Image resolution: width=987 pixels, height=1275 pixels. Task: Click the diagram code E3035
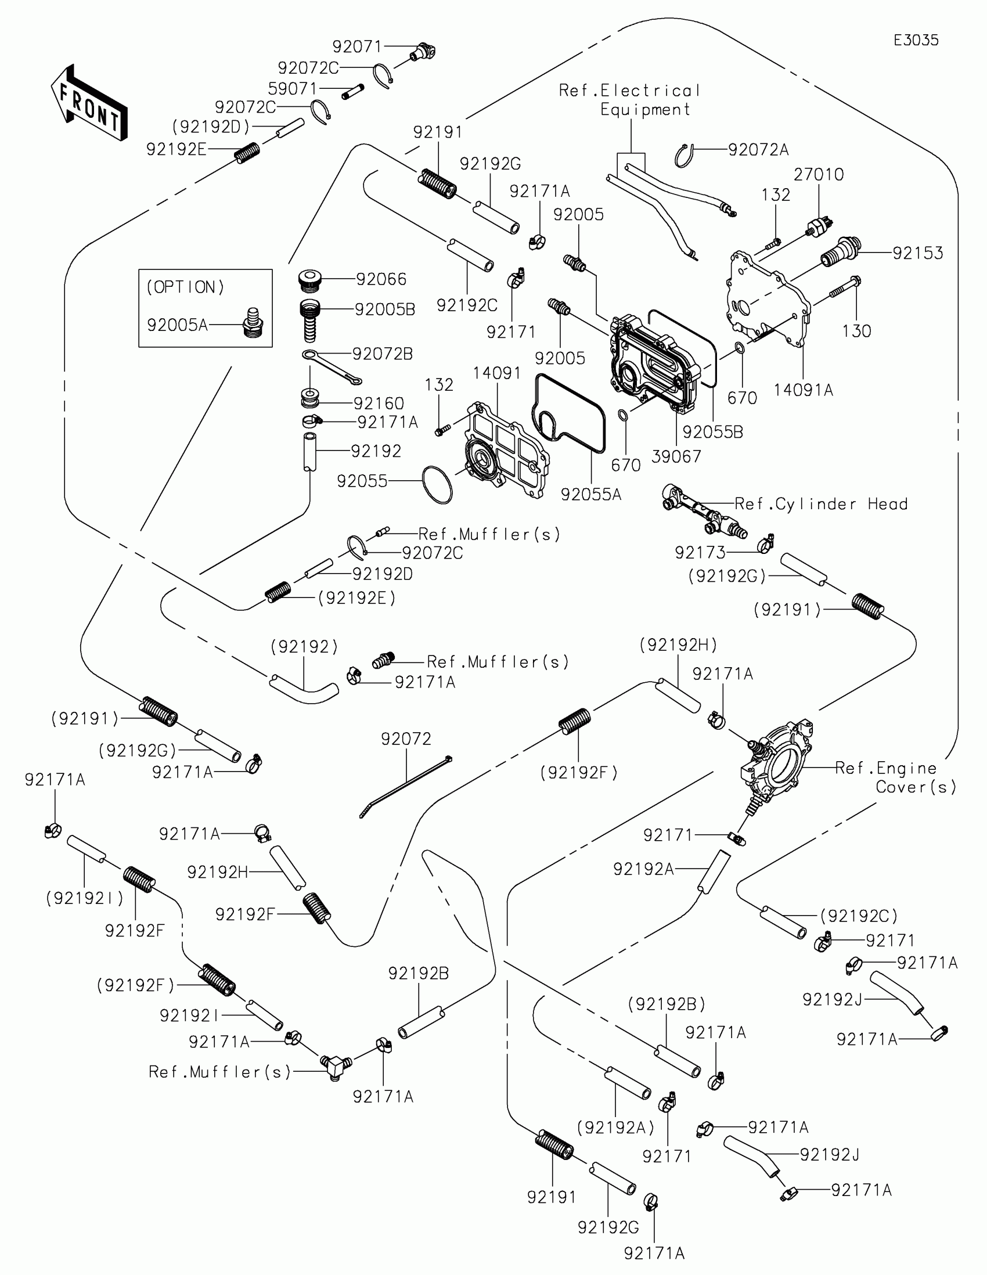(x=916, y=40)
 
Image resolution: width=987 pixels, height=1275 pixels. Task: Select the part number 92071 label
(x=357, y=46)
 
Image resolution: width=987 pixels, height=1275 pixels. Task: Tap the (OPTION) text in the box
(x=185, y=287)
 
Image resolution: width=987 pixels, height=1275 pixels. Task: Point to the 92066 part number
(x=381, y=280)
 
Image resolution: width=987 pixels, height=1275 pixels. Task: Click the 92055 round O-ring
(x=437, y=484)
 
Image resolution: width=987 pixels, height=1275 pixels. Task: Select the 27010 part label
(x=818, y=175)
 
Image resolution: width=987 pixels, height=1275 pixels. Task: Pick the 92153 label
(x=917, y=253)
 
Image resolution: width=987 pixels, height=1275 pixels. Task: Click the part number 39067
(x=676, y=456)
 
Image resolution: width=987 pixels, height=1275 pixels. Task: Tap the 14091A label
(x=803, y=390)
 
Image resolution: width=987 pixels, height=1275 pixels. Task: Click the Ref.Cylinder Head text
(x=820, y=504)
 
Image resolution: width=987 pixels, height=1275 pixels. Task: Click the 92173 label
(x=700, y=552)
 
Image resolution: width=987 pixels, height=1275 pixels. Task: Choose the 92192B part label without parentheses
(x=418, y=974)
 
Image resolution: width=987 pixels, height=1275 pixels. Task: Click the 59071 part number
(x=293, y=89)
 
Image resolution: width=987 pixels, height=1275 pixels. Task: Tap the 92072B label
(x=382, y=354)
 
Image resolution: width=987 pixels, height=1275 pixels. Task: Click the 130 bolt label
(x=856, y=331)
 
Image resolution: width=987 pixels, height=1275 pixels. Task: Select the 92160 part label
(x=379, y=404)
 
